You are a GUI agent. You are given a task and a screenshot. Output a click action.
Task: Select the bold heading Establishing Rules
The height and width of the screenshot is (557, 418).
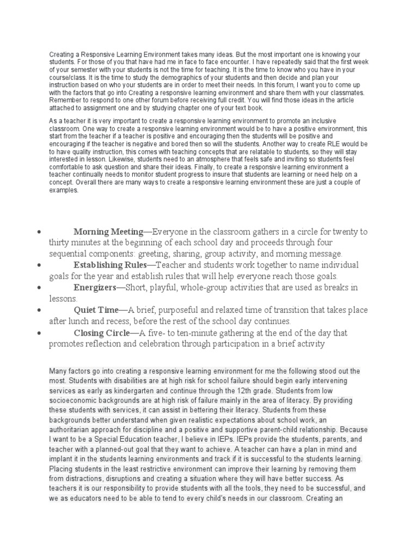(x=110, y=265)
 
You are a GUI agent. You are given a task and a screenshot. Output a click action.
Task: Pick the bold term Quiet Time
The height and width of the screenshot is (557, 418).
(x=96, y=310)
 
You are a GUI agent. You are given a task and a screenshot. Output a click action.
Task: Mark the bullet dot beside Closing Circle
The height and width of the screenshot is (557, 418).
(x=40, y=333)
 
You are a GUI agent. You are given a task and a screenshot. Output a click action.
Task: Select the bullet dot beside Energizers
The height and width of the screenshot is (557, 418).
(x=40, y=287)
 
